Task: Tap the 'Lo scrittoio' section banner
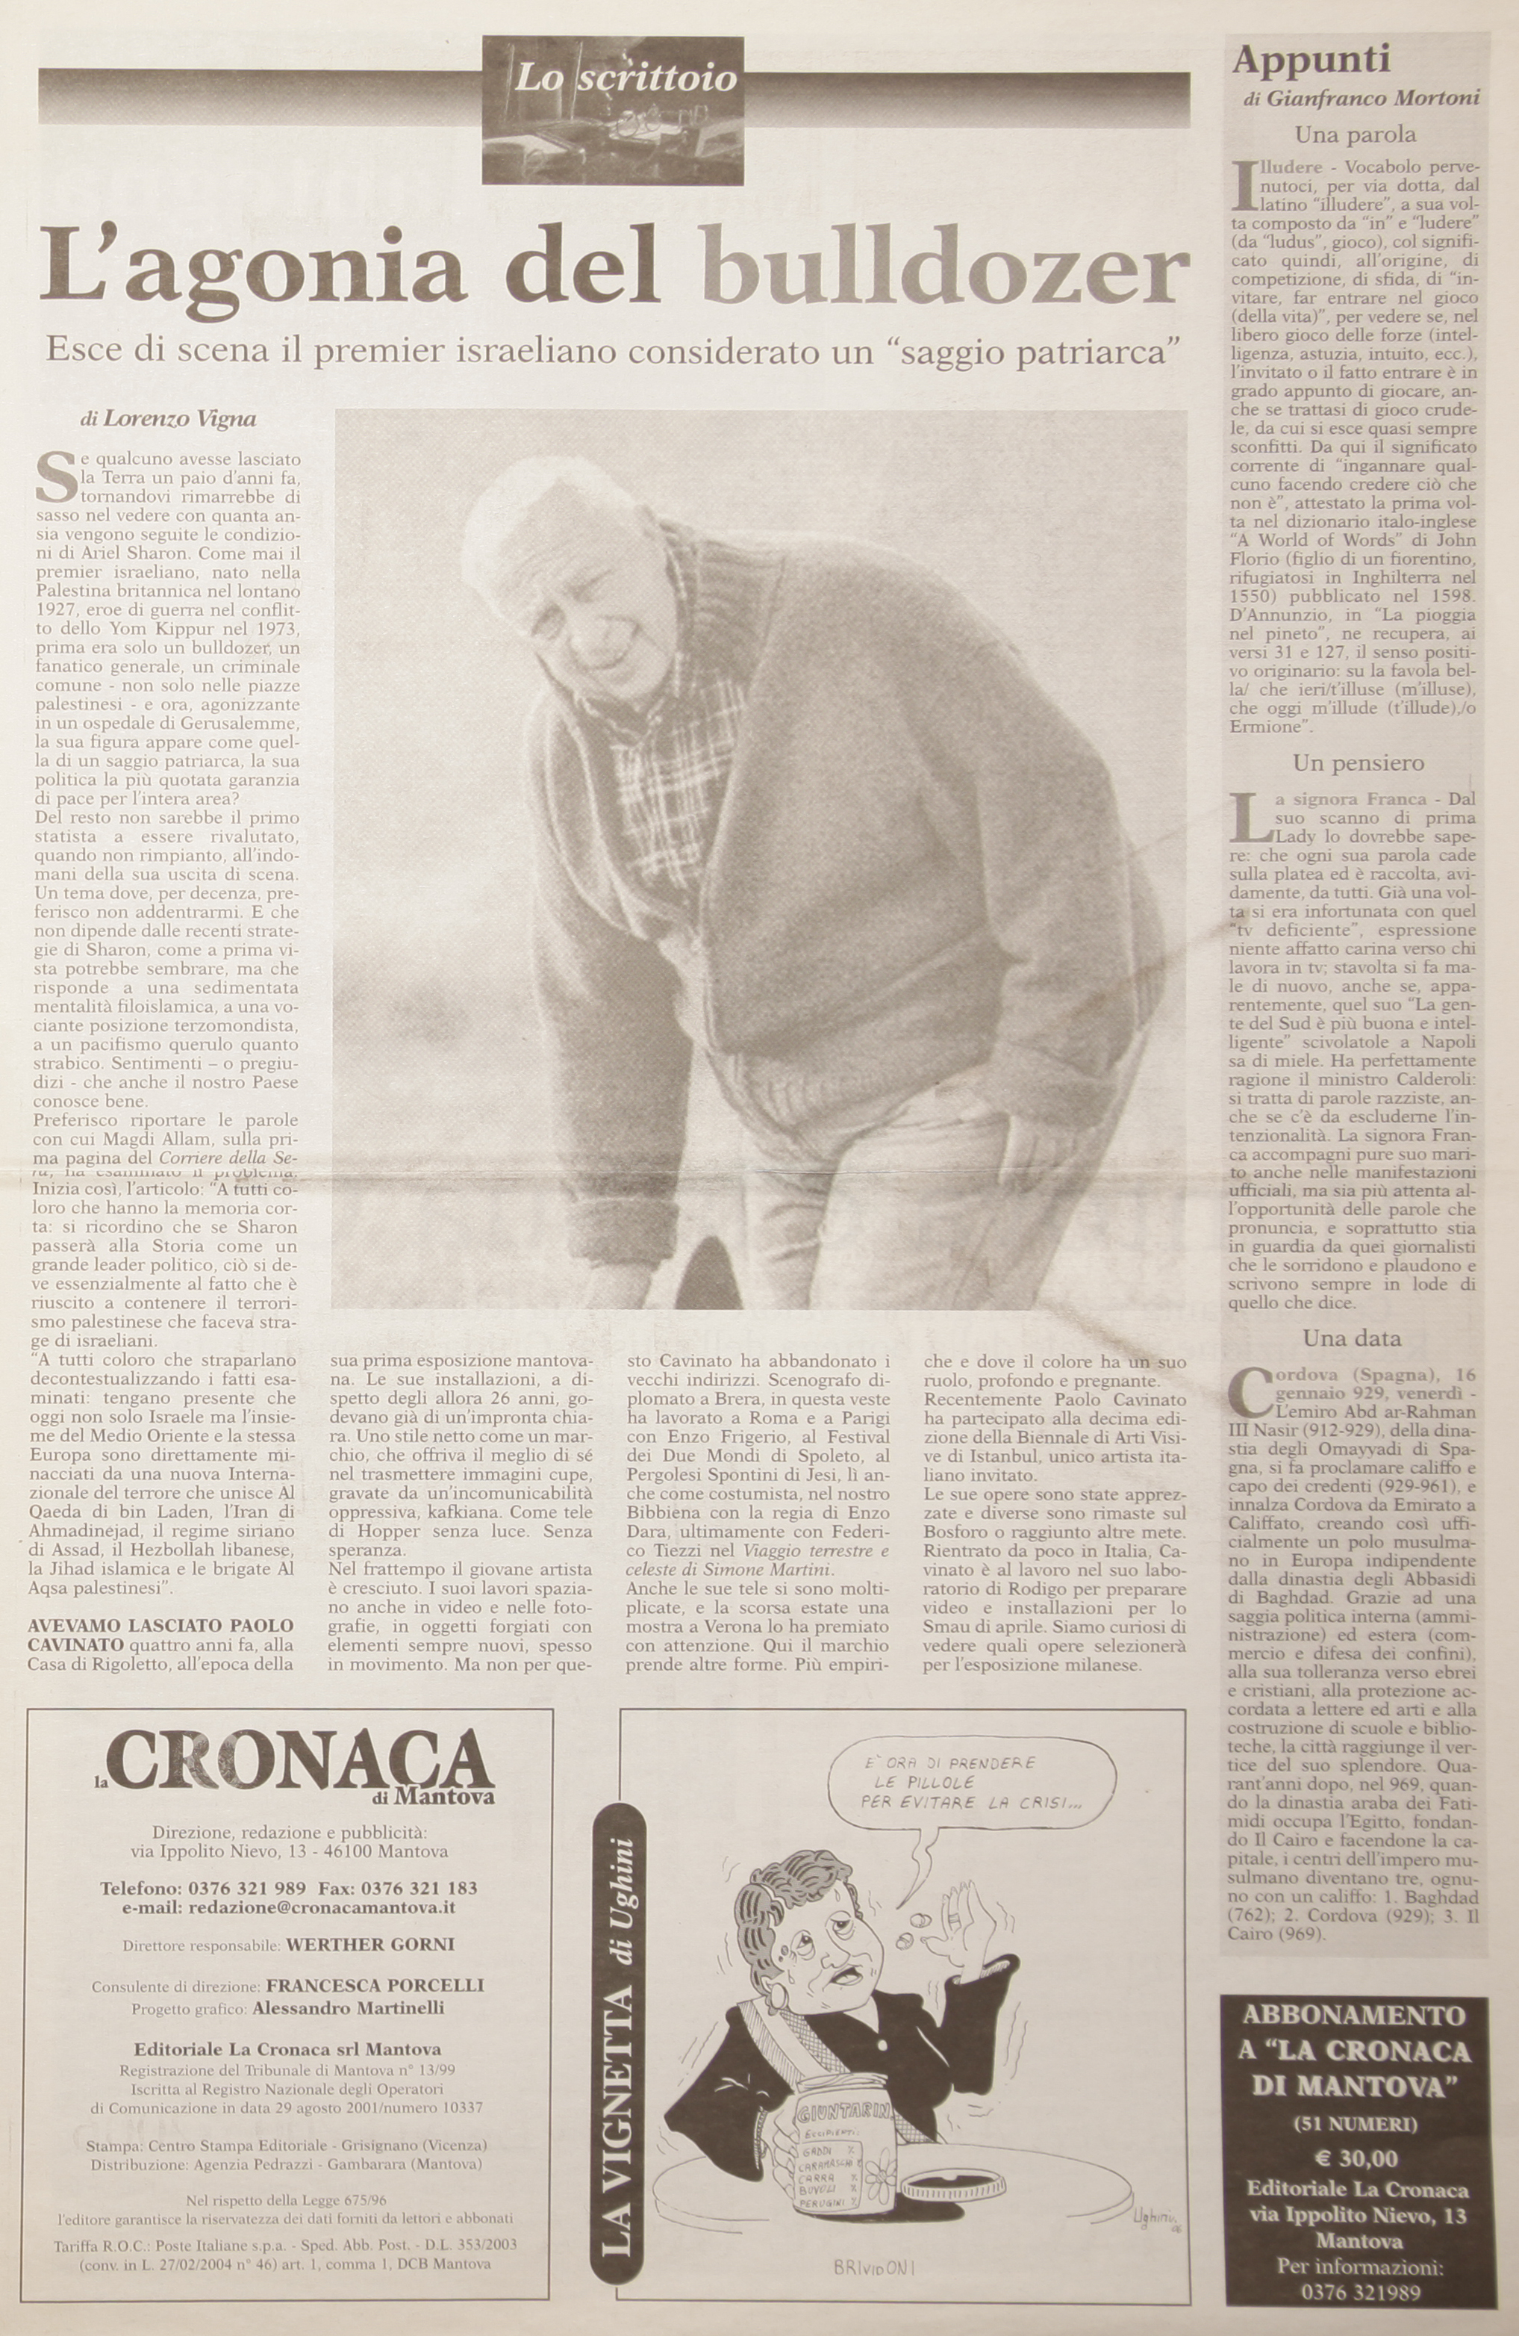[x=626, y=78]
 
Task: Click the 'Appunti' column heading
[x=1312, y=60]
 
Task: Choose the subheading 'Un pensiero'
[x=1358, y=762]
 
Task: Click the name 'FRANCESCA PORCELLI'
[x=375, y=1984]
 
